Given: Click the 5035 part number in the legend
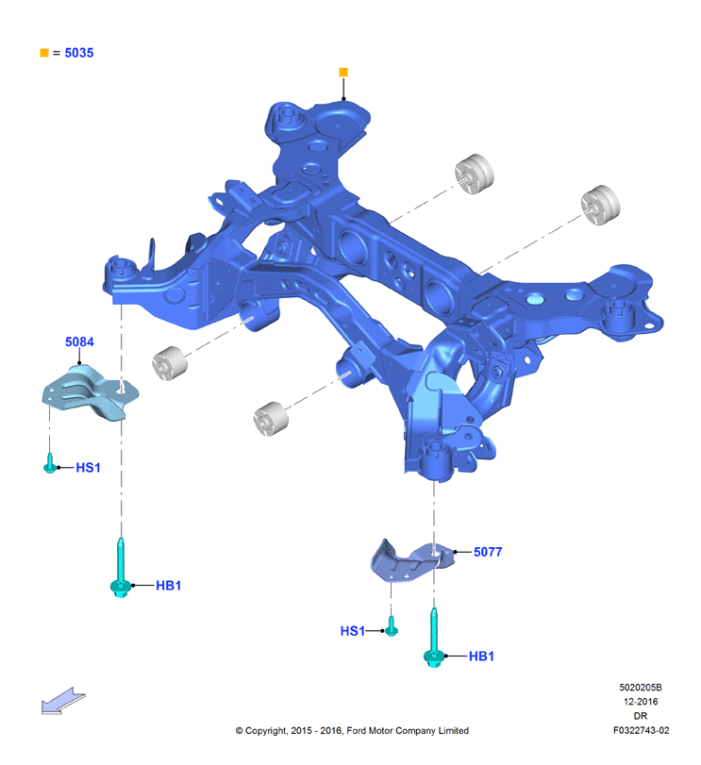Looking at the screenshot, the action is pyautogui.click(x=79, y=53).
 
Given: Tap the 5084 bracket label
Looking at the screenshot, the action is pyautogui.click(x=79, y=341).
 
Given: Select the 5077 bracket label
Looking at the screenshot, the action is pyautogui.click(x=488, y=552).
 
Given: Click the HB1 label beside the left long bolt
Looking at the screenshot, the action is pyautogui.click(x=168, y=586).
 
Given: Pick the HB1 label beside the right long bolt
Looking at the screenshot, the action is pyautogui.click(x=481, y=657).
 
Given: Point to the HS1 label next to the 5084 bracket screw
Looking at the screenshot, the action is pyautogui.click(x=89, y=467).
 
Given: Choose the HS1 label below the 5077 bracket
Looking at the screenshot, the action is pyautogui.click(x=352, y=631).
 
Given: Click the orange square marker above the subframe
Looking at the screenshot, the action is pyautogui.click(x=343, y=73).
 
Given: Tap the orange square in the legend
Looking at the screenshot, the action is pyautogui.click(x=44, y=53).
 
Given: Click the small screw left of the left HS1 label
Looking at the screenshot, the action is pyautogui.click(x=50, y=463).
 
